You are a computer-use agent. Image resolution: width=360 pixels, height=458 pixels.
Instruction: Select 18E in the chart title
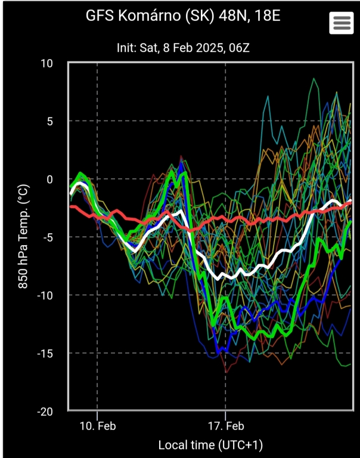(265, 16)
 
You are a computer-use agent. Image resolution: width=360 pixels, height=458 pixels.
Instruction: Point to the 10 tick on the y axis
(46, 64)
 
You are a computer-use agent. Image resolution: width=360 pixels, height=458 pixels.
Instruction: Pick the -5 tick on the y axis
(47, 237)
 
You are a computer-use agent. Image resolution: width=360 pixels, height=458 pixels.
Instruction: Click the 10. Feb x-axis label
(98, 426)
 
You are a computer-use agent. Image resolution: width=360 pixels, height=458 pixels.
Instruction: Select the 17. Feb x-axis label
(226, 426)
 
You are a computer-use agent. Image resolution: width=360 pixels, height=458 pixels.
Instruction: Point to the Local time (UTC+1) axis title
(210, 445)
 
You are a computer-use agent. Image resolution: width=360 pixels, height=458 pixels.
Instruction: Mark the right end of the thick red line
(350, 203)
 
